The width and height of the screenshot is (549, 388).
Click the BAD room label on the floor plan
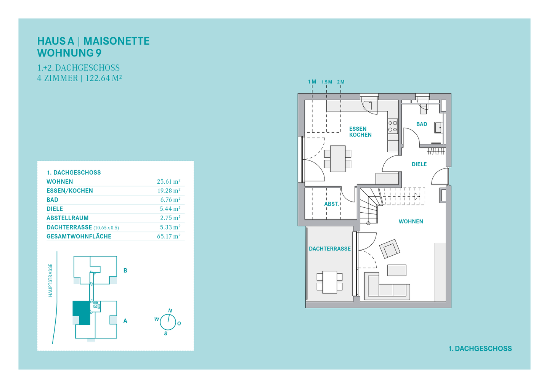[x=422, y=124]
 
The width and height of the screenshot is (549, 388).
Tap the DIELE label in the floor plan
[x=419, y=164]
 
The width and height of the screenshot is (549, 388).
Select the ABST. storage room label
[x=331, y=204]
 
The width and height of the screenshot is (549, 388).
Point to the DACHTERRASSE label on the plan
[x=330, y=249]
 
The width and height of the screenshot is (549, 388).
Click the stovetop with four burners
[x=393, y=126]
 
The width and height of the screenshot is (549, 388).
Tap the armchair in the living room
[x=390, y=249]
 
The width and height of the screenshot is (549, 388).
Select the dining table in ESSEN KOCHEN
[x=338, y=159]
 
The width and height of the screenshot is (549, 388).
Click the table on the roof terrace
[x=329, y=282]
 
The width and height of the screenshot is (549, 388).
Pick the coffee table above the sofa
[x=397, y=270]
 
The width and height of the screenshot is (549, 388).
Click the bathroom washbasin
[x=439, y=128]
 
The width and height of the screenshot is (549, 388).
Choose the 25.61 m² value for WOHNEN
[x=169, y=181]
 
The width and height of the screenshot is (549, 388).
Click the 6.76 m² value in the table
[x=170, y=200]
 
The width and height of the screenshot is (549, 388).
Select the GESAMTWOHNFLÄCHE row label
[x=79, y=236]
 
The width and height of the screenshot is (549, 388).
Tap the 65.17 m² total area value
[x=169, y=236]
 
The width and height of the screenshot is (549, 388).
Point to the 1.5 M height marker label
[x=327, y=82]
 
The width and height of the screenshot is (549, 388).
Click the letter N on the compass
[x=170, y=311]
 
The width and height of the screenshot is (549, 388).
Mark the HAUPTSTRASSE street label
[x=50, y=280]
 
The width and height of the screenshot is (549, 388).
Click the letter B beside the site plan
[x=125, y=271]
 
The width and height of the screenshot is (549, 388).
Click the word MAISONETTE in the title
[x=116, y=41]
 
